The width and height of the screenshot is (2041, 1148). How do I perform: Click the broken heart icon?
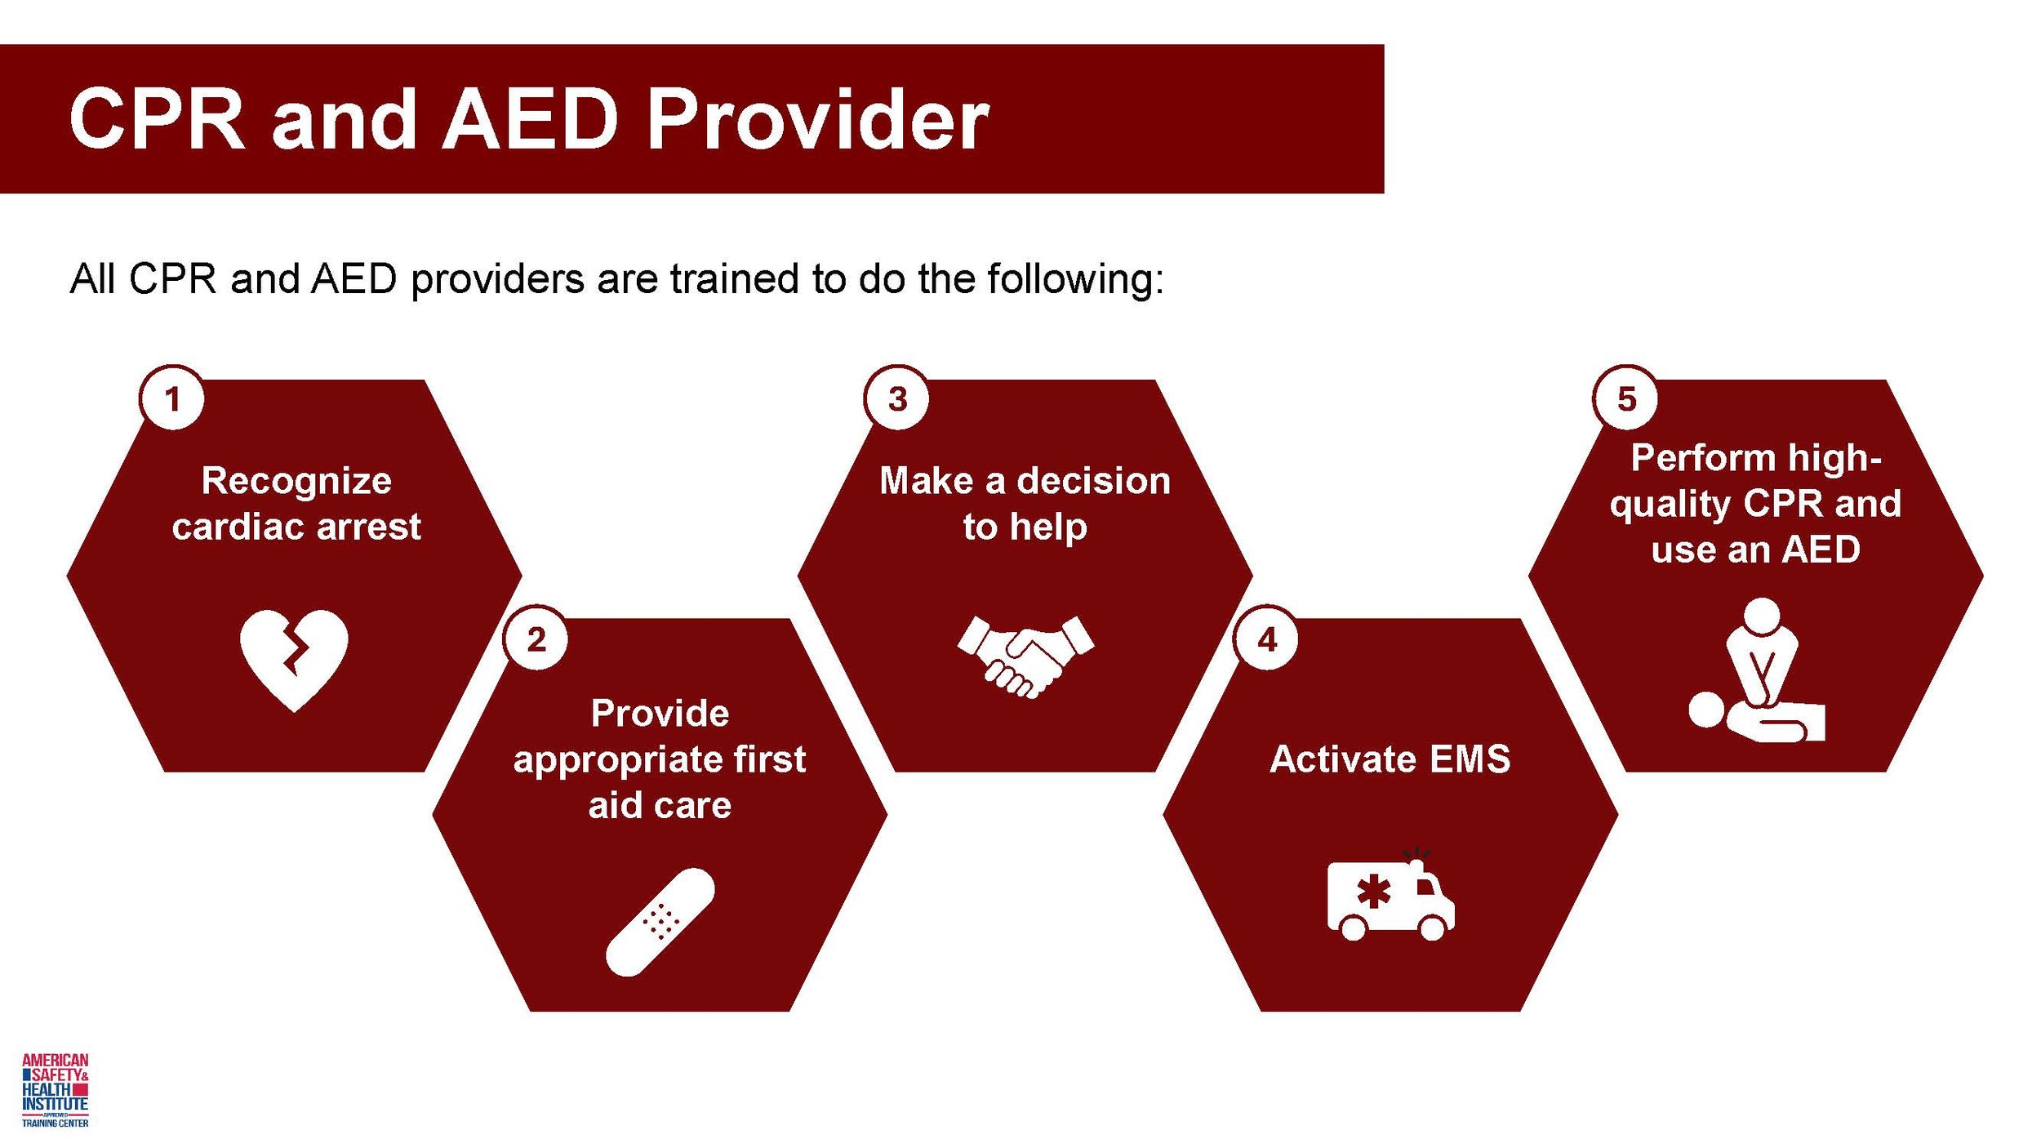294,658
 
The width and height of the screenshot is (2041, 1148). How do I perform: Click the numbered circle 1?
172,399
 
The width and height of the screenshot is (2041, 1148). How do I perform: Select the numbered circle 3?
897,399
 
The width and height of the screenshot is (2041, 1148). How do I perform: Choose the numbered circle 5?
1626,399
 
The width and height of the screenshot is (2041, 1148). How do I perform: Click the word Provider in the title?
817,121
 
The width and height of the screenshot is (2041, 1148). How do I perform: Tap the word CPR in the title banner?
157,121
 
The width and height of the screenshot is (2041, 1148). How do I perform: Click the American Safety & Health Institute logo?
56,1090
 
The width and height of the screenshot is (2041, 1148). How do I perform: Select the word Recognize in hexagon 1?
296,480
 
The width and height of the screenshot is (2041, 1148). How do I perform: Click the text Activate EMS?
1390,759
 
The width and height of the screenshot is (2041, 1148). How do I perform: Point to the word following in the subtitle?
1075,280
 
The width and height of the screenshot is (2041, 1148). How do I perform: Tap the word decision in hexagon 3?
1094,480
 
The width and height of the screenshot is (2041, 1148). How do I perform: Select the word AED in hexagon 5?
1821,550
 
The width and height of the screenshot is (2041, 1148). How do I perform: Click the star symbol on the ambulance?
1374,892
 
